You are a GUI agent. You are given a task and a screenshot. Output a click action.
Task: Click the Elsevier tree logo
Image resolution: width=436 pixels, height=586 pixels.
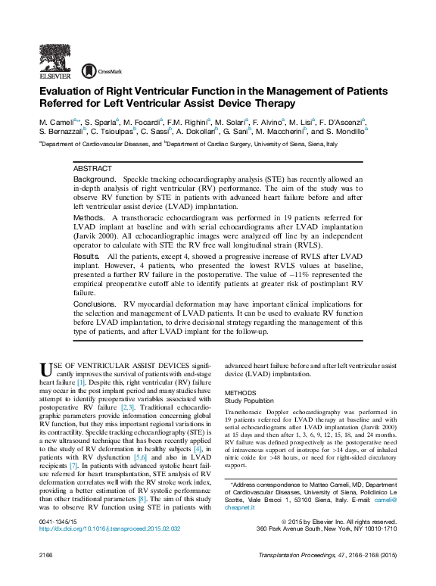(x=54, y=60)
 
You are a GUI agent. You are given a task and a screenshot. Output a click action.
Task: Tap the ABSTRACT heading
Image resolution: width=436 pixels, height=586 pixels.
(x=92, y=168)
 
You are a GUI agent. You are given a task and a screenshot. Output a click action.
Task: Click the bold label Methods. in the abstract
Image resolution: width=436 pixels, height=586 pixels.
(x=89, y=217)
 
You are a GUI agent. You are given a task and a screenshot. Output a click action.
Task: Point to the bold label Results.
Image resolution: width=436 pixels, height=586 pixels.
(x=86, y=257)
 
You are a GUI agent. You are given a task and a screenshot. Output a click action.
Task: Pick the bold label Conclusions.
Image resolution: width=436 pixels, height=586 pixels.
(x=95, y=304)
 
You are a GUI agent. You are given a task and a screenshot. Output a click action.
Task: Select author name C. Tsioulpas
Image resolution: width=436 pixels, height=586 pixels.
(x=113, y=132)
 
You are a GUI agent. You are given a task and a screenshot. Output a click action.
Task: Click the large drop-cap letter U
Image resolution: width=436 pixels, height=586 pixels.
(x=46, y=369)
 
